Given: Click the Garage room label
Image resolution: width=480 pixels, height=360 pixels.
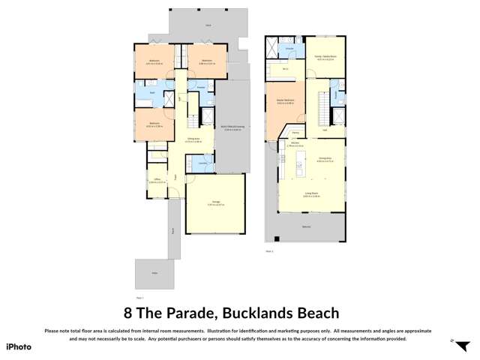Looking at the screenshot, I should tap(215, 202).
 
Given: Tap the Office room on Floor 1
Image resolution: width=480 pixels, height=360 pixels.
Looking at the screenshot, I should tap(157, 181).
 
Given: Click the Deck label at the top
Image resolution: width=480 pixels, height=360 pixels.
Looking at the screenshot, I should tap(208, 25).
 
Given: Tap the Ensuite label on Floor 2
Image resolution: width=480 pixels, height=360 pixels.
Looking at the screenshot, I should tap(289, 49).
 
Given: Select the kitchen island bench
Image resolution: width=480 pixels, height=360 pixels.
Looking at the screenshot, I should tap(299, 161).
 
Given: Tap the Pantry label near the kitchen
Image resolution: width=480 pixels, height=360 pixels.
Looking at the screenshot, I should tap(296, 131).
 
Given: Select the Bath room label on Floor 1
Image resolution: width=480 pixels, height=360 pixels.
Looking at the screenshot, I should tap(152, 92).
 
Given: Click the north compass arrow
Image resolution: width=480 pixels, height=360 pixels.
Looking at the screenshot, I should tap(452, 340).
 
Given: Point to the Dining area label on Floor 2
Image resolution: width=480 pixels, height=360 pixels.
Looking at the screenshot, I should tap(325, 158).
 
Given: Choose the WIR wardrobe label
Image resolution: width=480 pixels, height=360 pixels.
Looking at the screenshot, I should tap(285, 70).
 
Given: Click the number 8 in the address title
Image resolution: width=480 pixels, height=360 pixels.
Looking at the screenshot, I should tap(127, 313).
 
